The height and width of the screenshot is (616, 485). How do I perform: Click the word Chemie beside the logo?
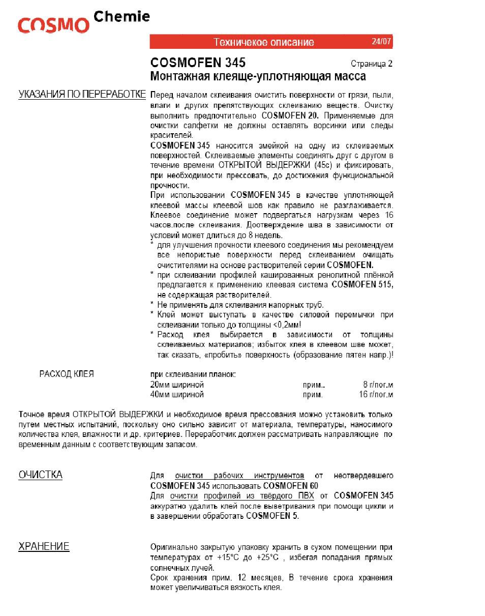pyautogui.click(x=122, y=17)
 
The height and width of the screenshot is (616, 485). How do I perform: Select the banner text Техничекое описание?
pyautogui.click(x=263, y=42)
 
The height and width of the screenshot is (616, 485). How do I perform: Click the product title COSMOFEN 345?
pyautogui.click(x=198, y=63)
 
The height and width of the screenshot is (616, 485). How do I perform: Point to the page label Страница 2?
pyautogui.click(x=371, y=64)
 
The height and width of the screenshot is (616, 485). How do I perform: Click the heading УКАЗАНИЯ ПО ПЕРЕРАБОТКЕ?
pyautogui.click(x=82, y=95)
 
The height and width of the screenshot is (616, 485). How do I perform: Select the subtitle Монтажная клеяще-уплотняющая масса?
pyautogui.click(x=258, y=76)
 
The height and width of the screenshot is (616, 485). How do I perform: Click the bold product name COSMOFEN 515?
pyautogui.click(x=362, y=285)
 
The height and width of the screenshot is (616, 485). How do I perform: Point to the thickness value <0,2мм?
pyautogui.click(x=286, y=325)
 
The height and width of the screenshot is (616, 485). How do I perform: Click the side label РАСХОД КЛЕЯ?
pyautogui.click(x=67, y=374)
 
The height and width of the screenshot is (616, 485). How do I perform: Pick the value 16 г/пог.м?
pyautogui.click(x=376, y=394)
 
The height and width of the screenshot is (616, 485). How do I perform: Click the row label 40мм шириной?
pyautogui.click(x=177, y=394)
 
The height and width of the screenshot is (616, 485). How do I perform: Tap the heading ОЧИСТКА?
pyautogui.click(x=41, y=475)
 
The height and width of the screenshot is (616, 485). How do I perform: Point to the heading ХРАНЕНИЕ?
pyautogui.click(x=44, y=547)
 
